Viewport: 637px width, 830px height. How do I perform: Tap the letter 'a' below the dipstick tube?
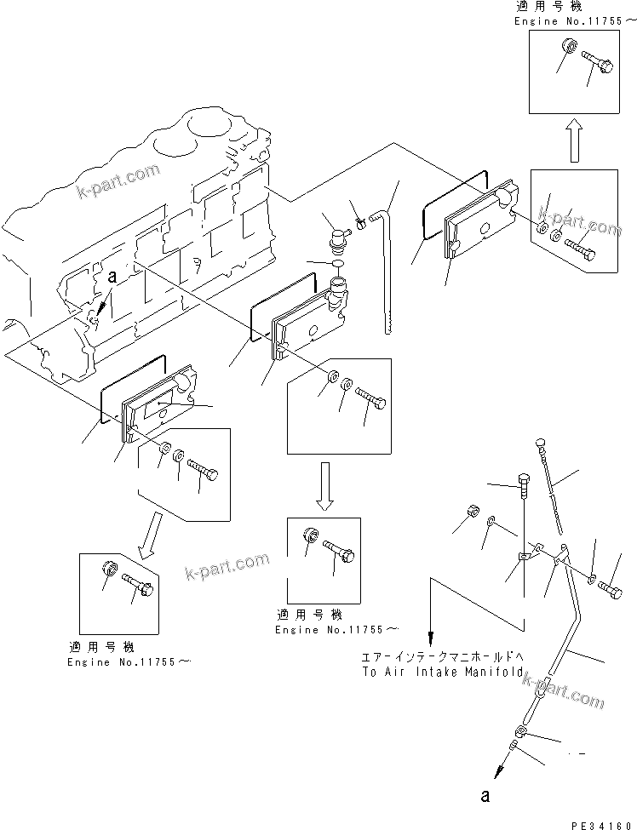486,796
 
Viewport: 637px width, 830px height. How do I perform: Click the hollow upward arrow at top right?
575,140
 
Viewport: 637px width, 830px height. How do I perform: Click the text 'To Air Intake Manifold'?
442,672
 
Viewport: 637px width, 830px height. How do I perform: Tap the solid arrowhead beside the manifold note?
431,638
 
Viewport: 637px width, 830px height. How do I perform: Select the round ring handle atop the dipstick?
539,441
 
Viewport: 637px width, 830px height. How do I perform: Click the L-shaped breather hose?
388,255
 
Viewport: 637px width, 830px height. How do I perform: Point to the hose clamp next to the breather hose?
360,225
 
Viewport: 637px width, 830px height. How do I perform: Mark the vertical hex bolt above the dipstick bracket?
522,487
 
